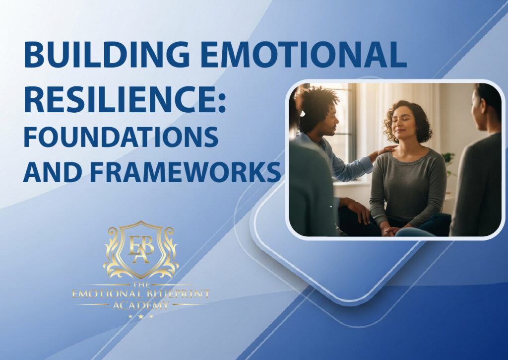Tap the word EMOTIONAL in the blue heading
coord(303,55)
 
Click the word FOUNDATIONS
coord(121,137)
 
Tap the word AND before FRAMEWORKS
coord(53,172)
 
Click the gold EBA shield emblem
coord(141,250)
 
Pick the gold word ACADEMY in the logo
coord(140,305)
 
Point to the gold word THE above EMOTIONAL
coord(141,285)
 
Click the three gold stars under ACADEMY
coord(140,316)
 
